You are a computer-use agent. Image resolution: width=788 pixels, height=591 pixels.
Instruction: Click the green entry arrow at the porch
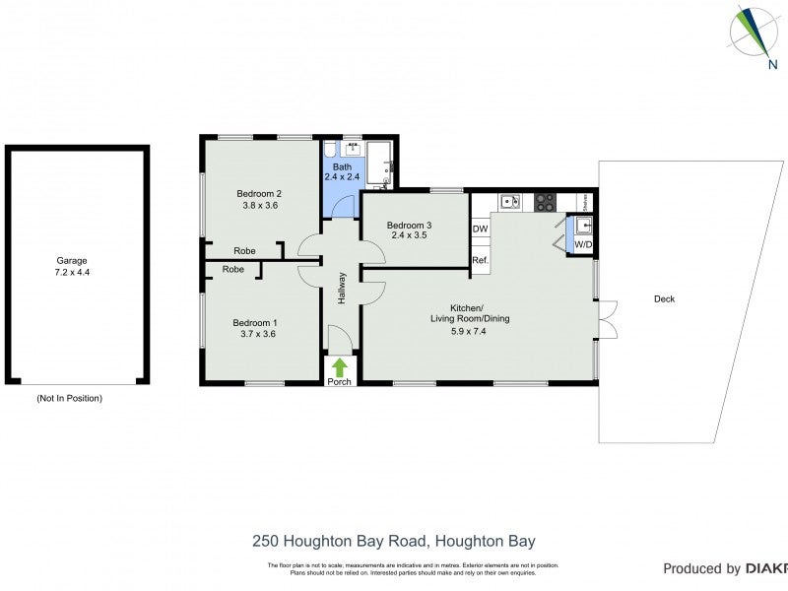coord(340,366)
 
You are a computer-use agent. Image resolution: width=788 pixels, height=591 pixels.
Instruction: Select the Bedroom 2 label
coord(259,193)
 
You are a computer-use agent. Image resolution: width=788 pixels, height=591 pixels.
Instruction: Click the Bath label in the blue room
coord(342,166)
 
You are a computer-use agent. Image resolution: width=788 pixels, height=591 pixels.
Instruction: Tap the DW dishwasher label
coord(481,230)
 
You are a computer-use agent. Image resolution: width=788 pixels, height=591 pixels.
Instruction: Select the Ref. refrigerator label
coord(480,260)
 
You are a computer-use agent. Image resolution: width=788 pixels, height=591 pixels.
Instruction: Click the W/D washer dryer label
coord(583,244)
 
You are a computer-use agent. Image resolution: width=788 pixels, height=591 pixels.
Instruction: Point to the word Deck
coord(664,298)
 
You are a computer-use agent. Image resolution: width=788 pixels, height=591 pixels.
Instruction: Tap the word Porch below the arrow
coord(340,382)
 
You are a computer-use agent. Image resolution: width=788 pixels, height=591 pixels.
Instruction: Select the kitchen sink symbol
coord(509,202)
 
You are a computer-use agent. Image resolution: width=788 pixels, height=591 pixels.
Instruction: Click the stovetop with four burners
coord(545,202)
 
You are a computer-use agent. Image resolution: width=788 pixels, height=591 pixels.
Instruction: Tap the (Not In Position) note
coord(69,398)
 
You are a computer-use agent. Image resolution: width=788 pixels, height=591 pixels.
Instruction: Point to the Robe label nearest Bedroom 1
coord(232,269)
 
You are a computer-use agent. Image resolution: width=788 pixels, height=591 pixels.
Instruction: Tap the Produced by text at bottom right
coord(701,568)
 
